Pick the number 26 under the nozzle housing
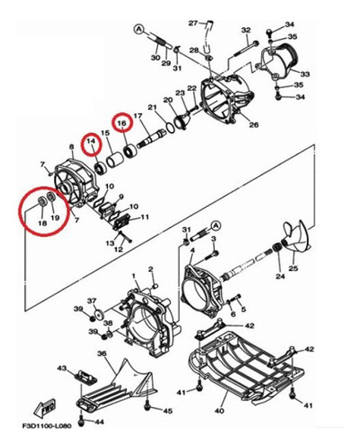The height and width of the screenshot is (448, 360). (254, 125)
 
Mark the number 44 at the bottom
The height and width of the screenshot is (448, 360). (99, 421)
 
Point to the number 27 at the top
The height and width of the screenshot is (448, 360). (193, 22)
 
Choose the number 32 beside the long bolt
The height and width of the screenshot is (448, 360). (245, 30)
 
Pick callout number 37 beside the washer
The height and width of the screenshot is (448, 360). (91, 301)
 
